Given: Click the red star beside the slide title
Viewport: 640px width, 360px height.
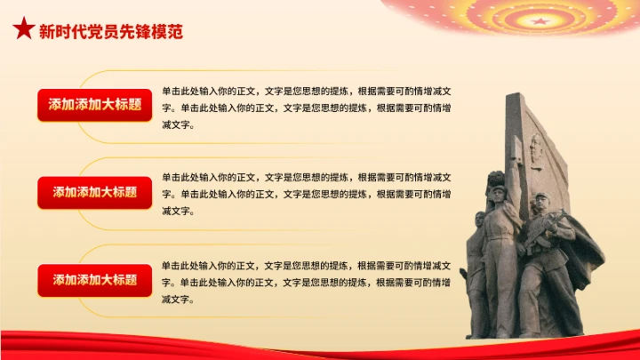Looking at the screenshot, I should pyautogui.click(x=23, y=30).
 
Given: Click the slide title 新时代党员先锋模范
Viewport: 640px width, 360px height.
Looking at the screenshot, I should pyautogui.click(x=111, y=31).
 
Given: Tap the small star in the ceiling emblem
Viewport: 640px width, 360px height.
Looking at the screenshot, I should pyautogui.click(x=540, y=20).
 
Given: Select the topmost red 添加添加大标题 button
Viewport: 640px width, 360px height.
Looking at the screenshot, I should pyautogui.click(x=95, y=105).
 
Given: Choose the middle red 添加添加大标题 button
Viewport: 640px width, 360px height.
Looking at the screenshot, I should pyautogui.click(x=95, y=192).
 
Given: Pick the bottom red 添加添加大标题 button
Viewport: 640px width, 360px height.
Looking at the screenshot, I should pyautogui.click(x=95, y=280).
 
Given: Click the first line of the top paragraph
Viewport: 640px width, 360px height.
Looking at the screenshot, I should pyautogui.click(x=311, y=91).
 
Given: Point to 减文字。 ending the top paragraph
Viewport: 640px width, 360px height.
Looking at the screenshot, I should pyautogui.click(x=178, y=124).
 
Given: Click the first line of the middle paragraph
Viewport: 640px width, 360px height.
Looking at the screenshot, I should pyautogui.click(x=311, y=177).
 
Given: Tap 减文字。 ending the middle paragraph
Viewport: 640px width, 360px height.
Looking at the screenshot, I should pyautogui.click(x=178, y=211).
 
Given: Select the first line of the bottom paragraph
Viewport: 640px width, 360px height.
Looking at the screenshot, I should pyautogui.click(x=311, y=265).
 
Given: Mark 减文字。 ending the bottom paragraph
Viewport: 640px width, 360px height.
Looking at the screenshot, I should pyautogui.click(x=178, y=299).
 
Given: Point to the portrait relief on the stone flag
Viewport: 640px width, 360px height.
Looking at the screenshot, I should pyautogui.click(x=536, y=150).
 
